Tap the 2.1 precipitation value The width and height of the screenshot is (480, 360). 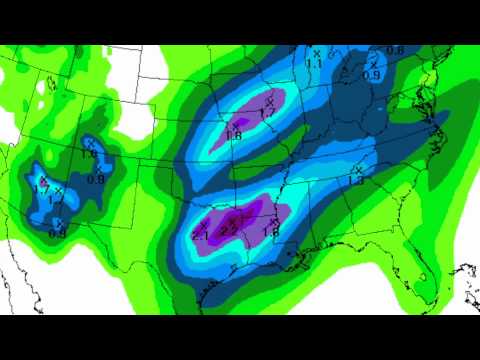click(199, 235)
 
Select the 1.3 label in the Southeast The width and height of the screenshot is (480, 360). click(357, 182)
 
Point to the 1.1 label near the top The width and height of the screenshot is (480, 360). click(315, 63)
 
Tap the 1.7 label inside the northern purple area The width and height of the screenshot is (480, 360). click(267, 113)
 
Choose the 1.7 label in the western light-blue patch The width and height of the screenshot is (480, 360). click(42, 189)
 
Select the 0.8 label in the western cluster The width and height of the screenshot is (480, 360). click(96, 179)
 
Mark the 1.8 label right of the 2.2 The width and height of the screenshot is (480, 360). click(270, 232)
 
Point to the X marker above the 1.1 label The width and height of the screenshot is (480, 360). click(317, 52)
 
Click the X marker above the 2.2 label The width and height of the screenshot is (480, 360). click(232, 215)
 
